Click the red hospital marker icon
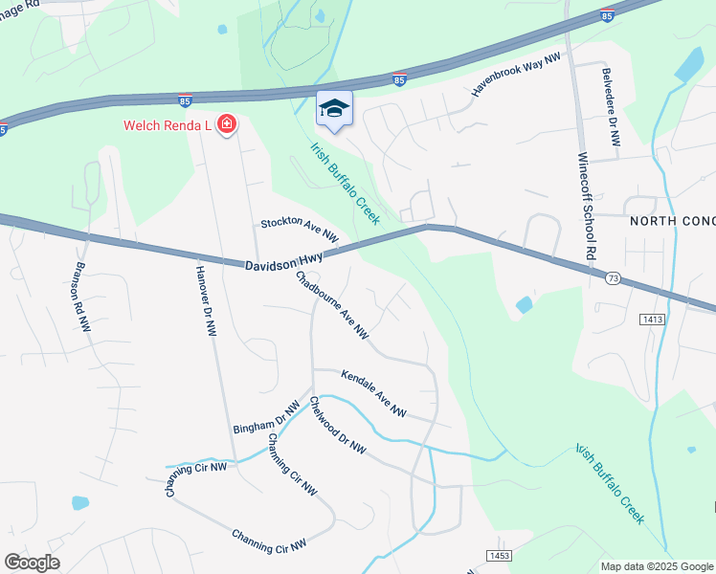pos(227,125)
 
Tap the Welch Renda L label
pos(168,125)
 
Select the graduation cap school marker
pos(334,109)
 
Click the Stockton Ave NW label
pos(300,231)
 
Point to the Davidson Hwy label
pos(284,262)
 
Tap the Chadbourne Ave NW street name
pos(332,305)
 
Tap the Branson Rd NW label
pos(83,298)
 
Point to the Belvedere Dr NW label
pos(611,107)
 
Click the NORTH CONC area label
pos(672,221)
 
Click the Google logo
pos(33,563)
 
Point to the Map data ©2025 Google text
pos(656,566)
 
